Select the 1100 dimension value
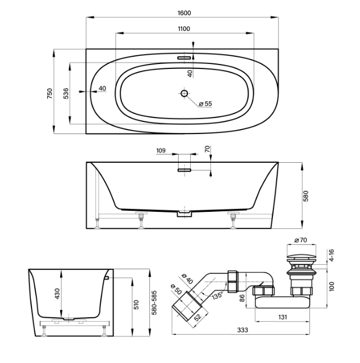coord(184,29)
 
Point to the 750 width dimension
coord(50,93)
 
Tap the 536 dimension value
coord(66,93)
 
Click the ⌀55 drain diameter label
coord(205,103)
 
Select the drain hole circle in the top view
coord(184,93)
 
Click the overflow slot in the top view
coord(184,56)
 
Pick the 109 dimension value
coord(161,150)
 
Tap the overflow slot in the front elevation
coord(184,170)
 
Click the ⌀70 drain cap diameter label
coord(300,240)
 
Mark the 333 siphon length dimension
coord(243,330)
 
